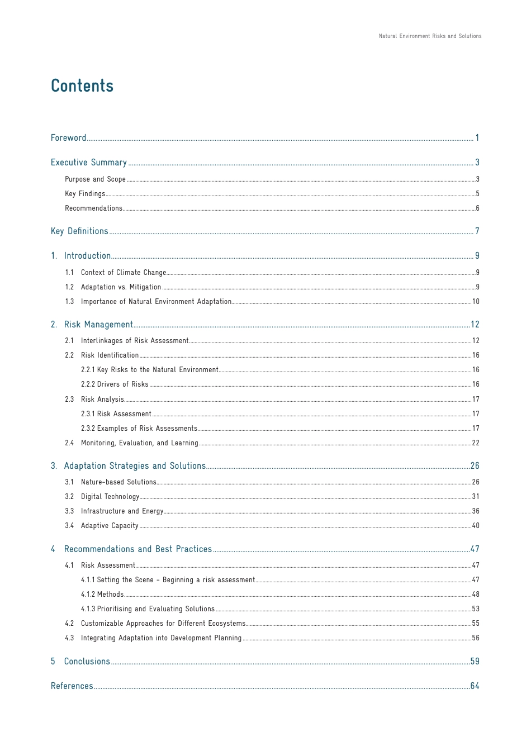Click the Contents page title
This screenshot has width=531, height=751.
(82, 86)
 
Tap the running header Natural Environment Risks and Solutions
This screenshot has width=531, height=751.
(430, 36)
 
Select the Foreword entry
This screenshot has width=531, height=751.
(69, 138)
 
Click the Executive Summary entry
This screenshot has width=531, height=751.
(89, 163)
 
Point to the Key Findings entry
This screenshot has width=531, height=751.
(85, 194)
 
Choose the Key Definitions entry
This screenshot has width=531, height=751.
(79, 231)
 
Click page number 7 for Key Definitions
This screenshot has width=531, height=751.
(477, 231)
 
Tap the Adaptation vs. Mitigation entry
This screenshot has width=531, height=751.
(121, 287)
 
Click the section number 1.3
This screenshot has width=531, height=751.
(69, 302)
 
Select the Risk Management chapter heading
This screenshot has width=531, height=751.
(98, 325)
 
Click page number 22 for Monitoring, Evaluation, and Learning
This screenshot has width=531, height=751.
(475, 443)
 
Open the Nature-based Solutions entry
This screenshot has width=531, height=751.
(118, 482)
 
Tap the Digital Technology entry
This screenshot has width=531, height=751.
(110, 497)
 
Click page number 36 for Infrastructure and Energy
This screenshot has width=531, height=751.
(475, 511)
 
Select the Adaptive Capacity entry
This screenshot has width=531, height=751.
(110, 526)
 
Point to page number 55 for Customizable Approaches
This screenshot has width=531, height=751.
(475, 624)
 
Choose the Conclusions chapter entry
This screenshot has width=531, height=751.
(87, 662)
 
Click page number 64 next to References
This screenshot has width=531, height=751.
(475, 686)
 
